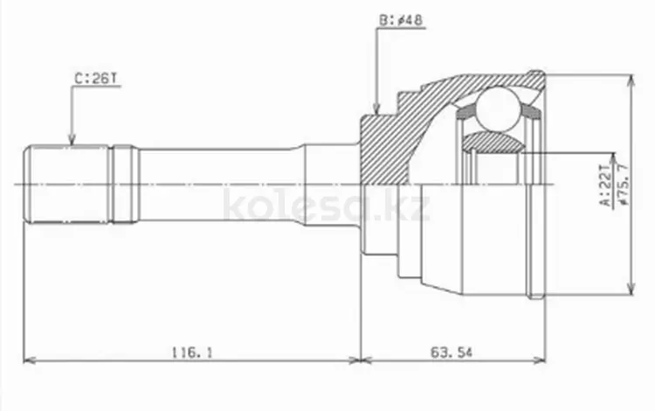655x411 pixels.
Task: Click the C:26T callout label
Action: [97, 79]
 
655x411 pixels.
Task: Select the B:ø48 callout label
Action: [401, 20]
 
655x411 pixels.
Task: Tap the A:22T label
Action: [606, 185]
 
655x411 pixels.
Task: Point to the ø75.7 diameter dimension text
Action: [623, 185]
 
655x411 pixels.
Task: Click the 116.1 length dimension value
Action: [192, 352]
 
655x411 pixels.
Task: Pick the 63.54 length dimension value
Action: [452, 352]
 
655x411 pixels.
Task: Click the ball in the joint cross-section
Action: [499, 108]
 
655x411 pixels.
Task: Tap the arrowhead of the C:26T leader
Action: [72, 140]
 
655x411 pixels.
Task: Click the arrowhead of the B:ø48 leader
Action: [376, 108]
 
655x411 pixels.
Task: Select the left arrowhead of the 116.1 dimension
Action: [29, 360]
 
